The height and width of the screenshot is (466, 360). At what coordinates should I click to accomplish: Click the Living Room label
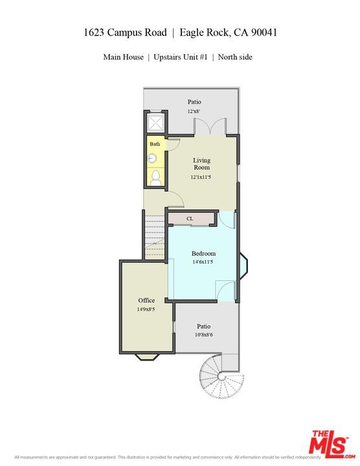pos(201,164)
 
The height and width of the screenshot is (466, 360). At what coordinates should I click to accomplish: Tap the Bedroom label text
pos(203,253)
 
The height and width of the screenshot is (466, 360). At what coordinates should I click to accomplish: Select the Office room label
pos(146,300)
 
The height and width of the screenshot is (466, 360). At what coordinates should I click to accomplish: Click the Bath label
pos(155,144)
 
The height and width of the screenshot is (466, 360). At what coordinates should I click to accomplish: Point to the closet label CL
pos(190,219)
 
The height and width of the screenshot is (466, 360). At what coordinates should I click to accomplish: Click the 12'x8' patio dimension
pos(194,111)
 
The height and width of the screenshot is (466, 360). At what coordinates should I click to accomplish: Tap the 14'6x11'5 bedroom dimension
pos(203,262)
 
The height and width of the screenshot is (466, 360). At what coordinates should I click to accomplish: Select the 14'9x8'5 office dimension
pos(146,309)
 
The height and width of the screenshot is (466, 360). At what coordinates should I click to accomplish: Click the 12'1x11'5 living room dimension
pos(201,177)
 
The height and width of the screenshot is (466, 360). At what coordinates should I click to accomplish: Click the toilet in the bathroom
pos(156,177)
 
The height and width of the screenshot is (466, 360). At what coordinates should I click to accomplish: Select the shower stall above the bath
pos(156,124)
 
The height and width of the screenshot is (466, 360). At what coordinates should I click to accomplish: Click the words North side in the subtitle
pos(235,57)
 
